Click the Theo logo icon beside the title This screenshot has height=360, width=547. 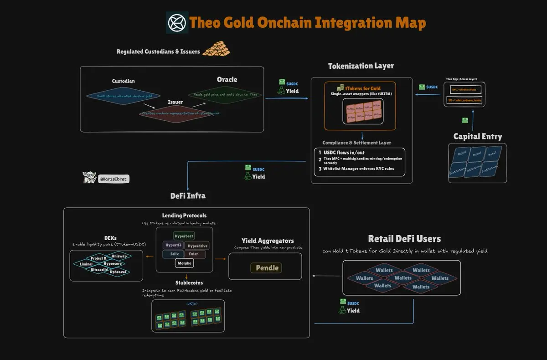click(177, 22)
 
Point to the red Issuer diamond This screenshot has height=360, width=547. click(176, 113)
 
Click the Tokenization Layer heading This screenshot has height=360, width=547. click(361, 66)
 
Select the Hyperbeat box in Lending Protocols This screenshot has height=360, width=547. click(184, 237)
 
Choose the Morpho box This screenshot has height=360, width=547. click(184, 263)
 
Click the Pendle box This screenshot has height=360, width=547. click(267, 268)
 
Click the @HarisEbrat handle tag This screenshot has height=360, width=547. click(114, 180)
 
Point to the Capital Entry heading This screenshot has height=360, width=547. click(477, 136)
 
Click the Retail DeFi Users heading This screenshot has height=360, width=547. click(404, 239)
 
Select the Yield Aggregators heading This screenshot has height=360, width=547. click(267, 241)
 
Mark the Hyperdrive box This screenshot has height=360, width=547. click(197, 245)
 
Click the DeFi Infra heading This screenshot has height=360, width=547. click(188, 195)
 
